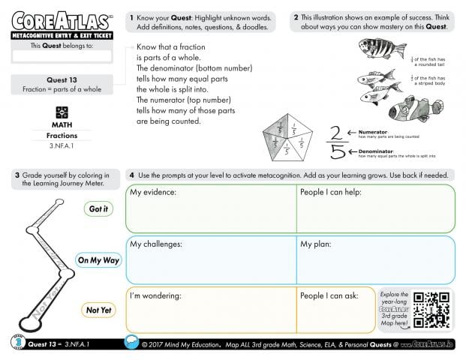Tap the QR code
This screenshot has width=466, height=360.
(433, 310)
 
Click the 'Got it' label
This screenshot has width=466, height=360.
(98, 209)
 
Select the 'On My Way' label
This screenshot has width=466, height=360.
(98, 260)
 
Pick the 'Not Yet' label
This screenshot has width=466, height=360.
(98, 310)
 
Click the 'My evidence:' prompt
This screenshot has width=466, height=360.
(153, 193)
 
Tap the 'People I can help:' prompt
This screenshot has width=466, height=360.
(331, 193)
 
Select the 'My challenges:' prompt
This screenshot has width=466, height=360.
(156, 244)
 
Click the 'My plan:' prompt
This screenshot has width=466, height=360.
(316, 244)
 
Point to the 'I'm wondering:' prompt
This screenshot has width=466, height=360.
(155, 295)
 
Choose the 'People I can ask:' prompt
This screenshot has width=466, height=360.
(329, 295)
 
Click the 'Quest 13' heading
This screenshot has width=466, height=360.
(62, 80)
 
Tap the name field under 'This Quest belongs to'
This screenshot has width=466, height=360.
(62, 55)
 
